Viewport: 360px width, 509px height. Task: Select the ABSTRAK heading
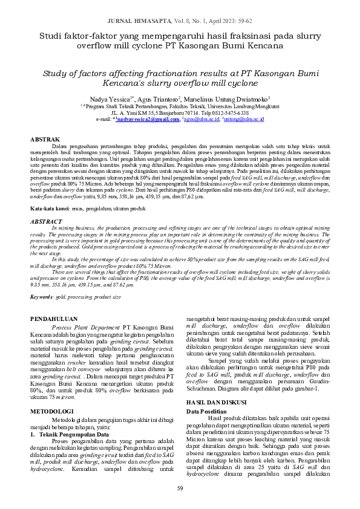click(45, 140)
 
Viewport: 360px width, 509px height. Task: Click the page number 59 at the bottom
click(180, 488)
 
